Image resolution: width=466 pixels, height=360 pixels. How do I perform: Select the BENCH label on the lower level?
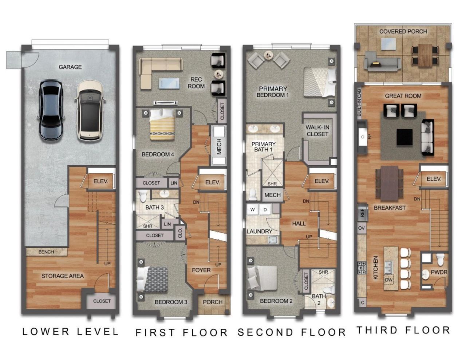tap(46, 252)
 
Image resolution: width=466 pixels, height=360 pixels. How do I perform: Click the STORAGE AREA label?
tap(62, 276)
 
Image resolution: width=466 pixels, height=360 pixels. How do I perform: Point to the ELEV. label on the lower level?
tap(100, 181)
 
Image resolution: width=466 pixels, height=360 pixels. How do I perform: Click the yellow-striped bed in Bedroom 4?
tap(162, 124)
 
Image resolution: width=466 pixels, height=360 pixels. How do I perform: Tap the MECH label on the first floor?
tap(219, 146)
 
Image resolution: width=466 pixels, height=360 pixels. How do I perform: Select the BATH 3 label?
tap(154, 207)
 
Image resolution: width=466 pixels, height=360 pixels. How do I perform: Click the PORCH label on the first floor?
tap(213, 302)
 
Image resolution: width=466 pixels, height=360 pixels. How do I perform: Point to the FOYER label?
tap(201, 270)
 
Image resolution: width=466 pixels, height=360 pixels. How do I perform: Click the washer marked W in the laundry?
tap(252, 209)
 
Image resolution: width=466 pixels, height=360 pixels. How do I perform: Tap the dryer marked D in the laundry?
tap(265, 209)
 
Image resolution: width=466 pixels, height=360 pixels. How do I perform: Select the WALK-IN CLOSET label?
tap(317, 131)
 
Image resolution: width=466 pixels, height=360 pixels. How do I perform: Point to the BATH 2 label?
tap(319, 299)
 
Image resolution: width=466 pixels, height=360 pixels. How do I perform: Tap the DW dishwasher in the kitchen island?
tap(388, 280)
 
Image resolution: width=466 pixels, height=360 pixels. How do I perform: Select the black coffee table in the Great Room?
tap(404, 137)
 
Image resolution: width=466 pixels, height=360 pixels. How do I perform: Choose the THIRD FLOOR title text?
tap(403, 330)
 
